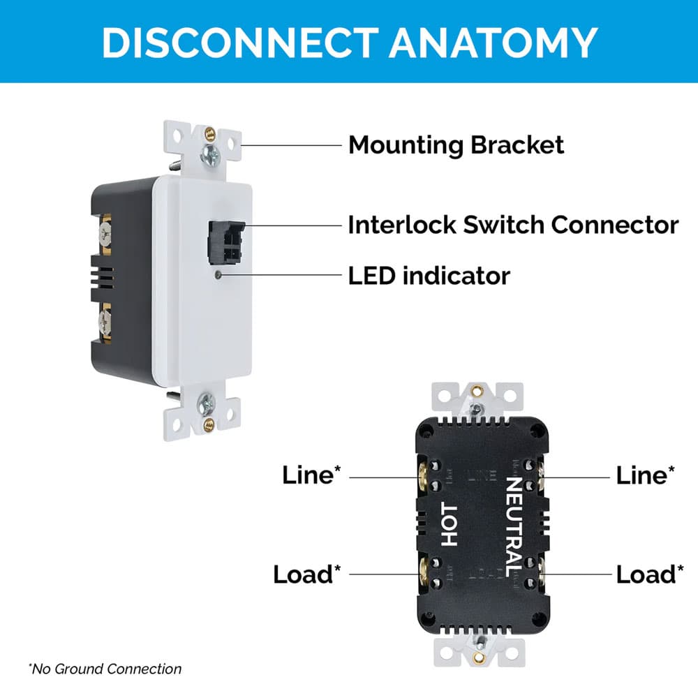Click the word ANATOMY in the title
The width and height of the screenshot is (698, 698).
click(x=493, y=42)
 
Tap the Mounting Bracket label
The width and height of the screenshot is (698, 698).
click(x=456, y=145)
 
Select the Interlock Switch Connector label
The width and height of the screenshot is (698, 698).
click(x=513, y=225)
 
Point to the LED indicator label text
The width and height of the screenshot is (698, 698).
click(x=429, y=276)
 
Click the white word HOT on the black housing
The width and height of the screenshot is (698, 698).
click(x=450, y=525)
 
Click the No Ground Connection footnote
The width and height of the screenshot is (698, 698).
click(x=105, y=669)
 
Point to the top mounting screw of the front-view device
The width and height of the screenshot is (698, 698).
click(x=207, y=154)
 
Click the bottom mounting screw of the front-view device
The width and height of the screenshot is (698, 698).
click(x=207, y=402)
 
